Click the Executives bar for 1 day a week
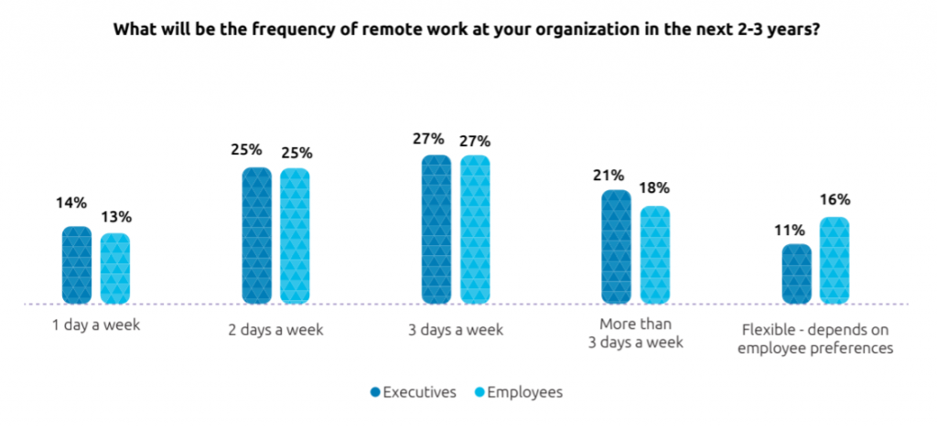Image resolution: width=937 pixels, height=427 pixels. (x=77, y=265)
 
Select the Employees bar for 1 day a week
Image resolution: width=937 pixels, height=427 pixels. (x=114, y=269)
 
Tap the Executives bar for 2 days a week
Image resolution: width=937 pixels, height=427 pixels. (x=256, y=236)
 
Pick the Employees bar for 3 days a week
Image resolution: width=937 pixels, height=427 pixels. (x=475, y=230)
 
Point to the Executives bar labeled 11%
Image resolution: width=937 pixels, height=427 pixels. (x=796, y=273)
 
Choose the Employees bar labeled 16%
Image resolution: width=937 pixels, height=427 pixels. (x=835, y=261)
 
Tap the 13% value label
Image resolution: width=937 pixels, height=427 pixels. (x=116, y=217)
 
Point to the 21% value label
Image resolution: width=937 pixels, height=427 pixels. (x=615, y=174)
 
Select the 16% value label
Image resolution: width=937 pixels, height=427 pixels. (x=835, y=199)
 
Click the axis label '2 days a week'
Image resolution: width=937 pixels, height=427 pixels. (x=275, y=328)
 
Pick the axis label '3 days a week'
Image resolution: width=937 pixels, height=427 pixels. (x=455, y=328)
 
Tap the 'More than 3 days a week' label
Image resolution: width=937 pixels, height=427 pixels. (x=634, y=334)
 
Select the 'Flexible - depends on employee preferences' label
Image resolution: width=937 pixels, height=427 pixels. (x=814, y=337)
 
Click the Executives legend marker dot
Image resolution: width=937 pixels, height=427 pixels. (x=377, y=393)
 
